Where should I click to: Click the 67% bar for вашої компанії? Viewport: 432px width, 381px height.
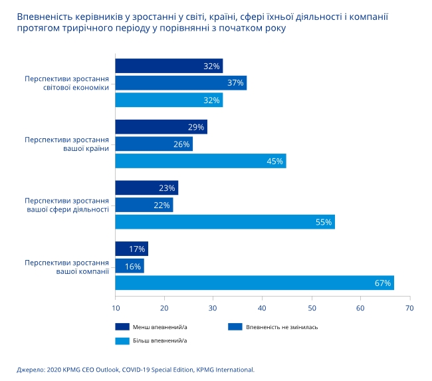click(x=255, y=283)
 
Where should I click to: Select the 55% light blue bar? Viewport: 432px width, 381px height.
click(x=225, y=222)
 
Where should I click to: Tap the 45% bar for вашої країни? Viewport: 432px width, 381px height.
click(x=200, y=161)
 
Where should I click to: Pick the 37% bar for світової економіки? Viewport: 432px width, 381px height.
click(x=181, y=83)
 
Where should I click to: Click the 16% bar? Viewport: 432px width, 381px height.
click(x=130, y=266)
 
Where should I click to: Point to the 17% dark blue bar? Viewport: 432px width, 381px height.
click(x=132, y=249)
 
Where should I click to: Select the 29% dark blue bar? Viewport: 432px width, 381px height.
click(x=161, y=127)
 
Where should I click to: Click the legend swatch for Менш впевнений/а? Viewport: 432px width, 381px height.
click(x=122, y=326)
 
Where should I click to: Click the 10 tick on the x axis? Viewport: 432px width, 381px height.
click(x=115, y=308)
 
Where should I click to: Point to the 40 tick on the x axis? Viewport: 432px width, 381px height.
click(x=263, y=308)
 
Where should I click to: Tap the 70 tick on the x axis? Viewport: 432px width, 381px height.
click(x=409, y=308)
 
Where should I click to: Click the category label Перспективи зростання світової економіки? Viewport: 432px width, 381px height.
click(x=66, y=82)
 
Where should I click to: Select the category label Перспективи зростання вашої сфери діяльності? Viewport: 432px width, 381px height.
click(x=66, y=204)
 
